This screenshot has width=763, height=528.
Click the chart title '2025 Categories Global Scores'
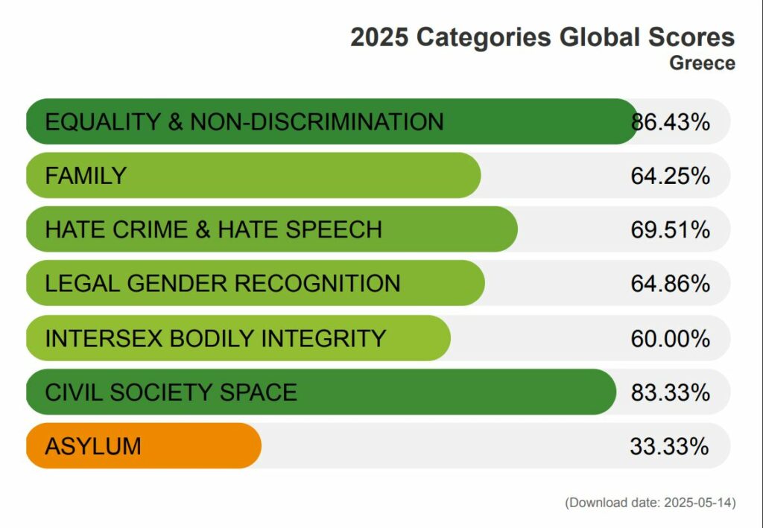542,37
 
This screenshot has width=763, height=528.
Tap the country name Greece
702,63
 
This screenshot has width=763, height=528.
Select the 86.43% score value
671,121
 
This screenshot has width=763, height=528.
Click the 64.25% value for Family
670,176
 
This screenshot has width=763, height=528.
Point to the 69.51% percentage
670,229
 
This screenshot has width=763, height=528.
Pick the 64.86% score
670,284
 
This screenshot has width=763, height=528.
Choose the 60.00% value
670,338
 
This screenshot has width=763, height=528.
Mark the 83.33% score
670,392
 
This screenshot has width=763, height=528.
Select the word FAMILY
86,176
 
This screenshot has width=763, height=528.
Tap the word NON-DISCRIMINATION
317,121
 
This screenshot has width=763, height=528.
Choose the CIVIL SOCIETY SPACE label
171,392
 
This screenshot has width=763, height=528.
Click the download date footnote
650,503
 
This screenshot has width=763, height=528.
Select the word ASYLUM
93,446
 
